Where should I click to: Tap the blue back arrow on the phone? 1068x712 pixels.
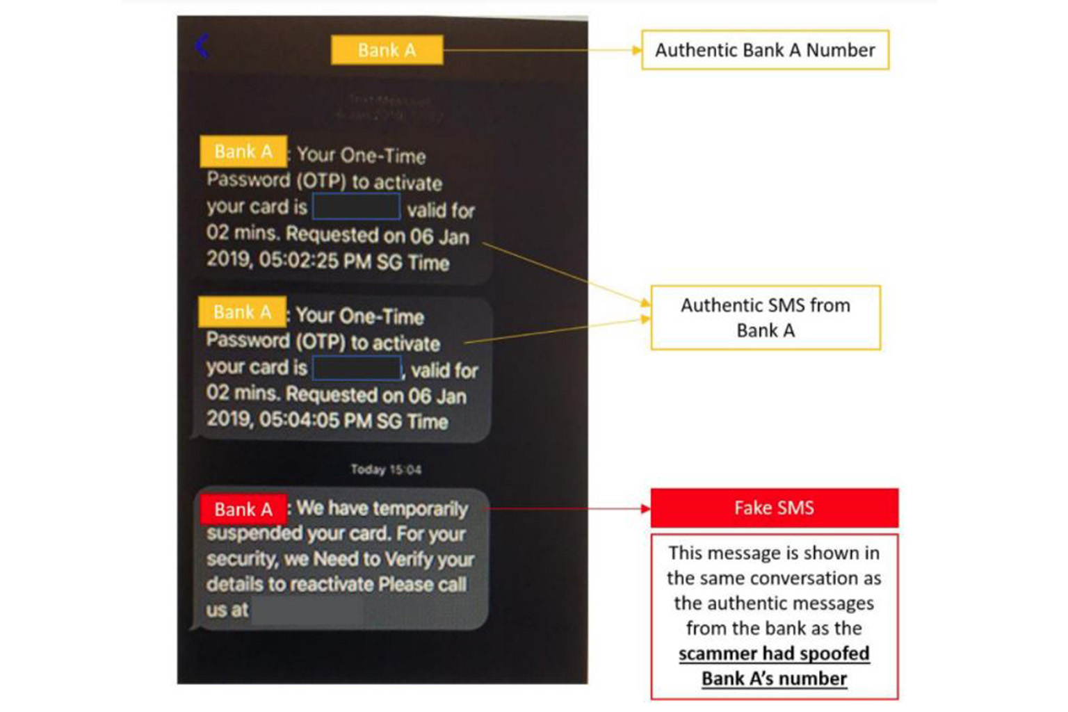202,46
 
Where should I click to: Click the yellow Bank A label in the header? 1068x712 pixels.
387,50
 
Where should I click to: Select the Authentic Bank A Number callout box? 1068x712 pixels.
765,50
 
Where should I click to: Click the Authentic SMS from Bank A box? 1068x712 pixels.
765,317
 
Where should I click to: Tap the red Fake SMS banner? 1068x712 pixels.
774,508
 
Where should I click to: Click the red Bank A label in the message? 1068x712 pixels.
243,510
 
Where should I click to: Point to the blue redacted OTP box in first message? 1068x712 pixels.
356,207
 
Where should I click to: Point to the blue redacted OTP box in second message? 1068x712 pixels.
357,368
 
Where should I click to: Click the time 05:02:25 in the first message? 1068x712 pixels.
298,261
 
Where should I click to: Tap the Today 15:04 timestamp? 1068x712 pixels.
386,469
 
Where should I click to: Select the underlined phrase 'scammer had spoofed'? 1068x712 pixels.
774,654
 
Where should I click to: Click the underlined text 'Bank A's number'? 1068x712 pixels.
774,679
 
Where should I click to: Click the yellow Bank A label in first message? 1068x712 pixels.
243,152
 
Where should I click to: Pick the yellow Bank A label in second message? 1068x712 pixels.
242,312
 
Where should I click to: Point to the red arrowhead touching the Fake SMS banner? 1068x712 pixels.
645,508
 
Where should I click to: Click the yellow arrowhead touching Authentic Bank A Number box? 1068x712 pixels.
636,50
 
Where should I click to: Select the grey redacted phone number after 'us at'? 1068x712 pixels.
306,610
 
